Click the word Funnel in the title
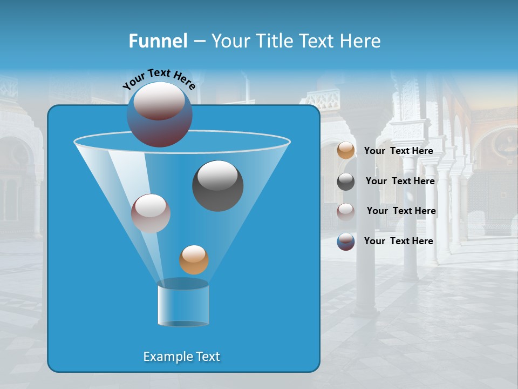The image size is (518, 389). click(x=158, y=41)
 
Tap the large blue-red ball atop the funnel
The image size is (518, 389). click(x=160, y=115)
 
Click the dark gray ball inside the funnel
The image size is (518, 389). click(x=218, y=186)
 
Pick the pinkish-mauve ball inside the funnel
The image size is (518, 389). click(x=151, y=213)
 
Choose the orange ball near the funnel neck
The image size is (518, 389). click(x=194, y=260)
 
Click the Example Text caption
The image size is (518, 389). click(x=182, y=357)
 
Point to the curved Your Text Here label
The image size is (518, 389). click(x=159, y=79)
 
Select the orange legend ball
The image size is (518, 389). click(x=346, y=151)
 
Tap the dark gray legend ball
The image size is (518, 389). click(x=346, y=182)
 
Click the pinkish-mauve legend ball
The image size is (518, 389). click(x=346, y=211)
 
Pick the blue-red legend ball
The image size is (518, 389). click(x=346, y=242)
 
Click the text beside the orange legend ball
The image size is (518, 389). click(x=399, y=151)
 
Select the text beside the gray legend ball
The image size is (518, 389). click(x=400, y=182)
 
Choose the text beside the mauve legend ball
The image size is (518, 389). click(x=401, y=211)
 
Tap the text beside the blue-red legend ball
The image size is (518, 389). click(x=399, y=242)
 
